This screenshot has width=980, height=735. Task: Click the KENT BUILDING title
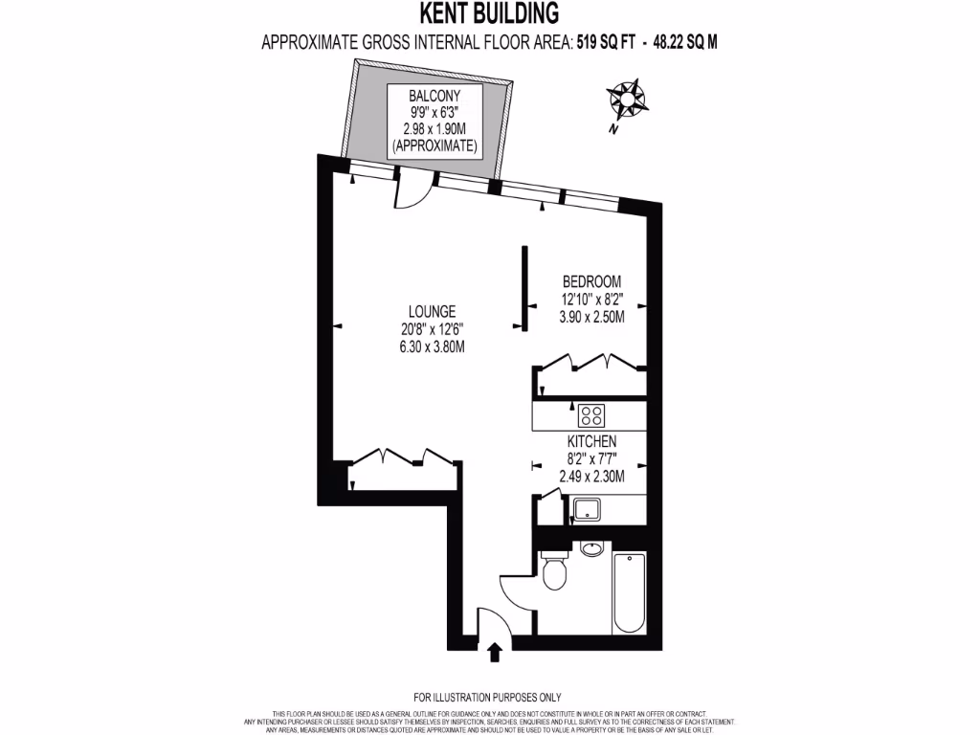489,13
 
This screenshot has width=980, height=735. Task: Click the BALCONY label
435,96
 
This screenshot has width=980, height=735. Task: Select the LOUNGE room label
432,311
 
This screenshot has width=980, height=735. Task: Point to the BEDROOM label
591,281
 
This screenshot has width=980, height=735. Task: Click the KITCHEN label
590,441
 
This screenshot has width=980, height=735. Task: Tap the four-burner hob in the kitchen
591,415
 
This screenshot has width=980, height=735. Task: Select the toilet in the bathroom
554,575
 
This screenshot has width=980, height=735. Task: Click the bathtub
629,592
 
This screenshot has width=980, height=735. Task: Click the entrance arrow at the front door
495,653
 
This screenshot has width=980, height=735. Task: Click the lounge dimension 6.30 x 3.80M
432,346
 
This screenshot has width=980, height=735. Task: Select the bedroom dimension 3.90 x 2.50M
591,317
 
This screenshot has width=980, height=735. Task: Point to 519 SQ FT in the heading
606,42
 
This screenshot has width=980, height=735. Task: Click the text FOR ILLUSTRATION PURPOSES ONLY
487,697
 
